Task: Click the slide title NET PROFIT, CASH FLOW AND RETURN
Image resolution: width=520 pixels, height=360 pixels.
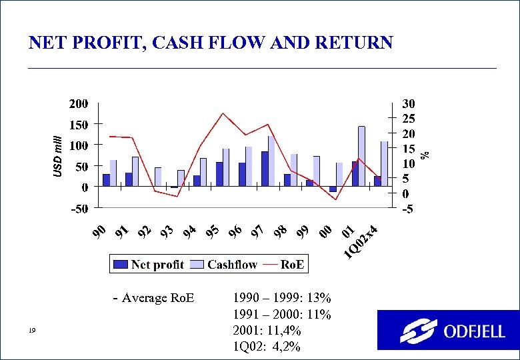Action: coord(211,43)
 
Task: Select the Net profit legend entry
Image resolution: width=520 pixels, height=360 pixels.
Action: coord(149,265)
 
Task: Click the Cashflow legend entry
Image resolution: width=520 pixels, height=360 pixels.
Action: coord(225,265)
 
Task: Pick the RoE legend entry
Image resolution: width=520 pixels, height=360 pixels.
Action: coord(285,265)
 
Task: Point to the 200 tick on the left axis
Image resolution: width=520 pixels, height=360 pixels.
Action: coord(79,104)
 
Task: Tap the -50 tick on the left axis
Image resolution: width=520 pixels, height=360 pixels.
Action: coord(79,209)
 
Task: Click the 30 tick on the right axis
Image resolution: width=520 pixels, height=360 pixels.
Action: coord(408,104)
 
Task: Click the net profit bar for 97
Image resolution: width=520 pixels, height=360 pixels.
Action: coord(265,169)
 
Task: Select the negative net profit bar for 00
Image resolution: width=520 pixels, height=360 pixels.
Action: coord(333,189)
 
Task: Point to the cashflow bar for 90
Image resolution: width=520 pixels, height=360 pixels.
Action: coord(113,173)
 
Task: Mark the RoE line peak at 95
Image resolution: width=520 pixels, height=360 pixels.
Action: coord(223,113)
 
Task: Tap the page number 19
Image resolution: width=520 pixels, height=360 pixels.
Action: coord(32,331)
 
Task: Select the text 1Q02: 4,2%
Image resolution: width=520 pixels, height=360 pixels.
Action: coord(267,347)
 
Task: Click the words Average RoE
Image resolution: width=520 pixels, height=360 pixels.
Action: coord(158,297)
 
